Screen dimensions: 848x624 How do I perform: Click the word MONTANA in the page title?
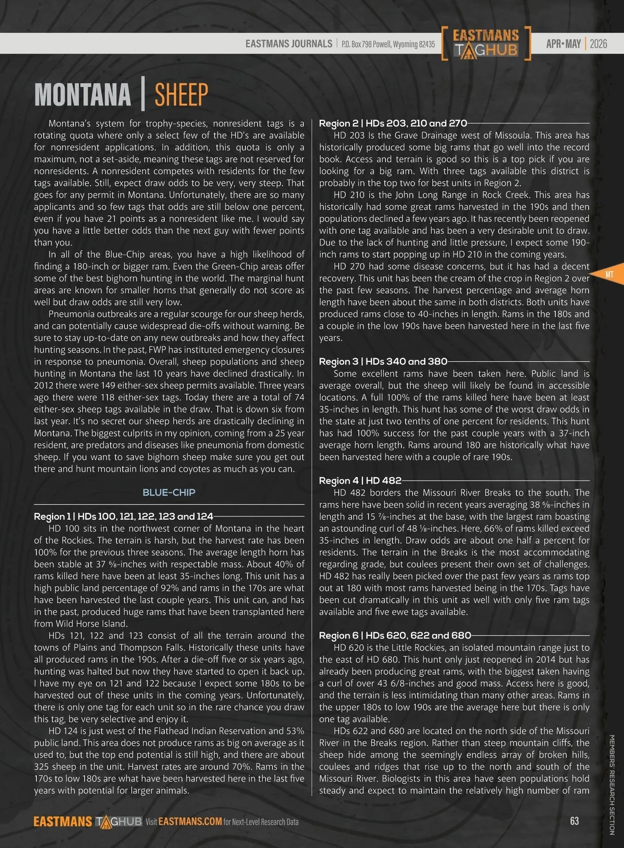click(82, 95)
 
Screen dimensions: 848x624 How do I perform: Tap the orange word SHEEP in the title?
click(181, 95)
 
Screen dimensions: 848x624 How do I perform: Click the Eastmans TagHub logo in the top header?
click(486, 43)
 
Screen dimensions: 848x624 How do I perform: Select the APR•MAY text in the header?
click(563, 44)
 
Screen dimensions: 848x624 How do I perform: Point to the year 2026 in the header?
click(599, 44)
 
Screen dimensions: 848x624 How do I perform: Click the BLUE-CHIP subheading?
click(169, 492)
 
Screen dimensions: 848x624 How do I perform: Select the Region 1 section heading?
click(123, 516)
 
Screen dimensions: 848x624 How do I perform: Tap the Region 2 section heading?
click(393, 123)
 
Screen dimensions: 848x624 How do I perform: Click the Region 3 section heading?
click(383, 361)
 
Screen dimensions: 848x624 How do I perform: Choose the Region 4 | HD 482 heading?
click(360, 480)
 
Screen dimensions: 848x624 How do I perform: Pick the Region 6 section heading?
click(395, 635)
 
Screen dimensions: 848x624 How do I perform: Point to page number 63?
click(574, 821)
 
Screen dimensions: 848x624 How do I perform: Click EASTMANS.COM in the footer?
click(190, 821)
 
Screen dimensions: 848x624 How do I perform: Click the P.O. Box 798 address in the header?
click(388, 44)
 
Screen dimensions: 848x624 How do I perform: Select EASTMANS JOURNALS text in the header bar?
click(289, 44)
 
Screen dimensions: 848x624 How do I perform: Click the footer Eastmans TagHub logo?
click(87, 821)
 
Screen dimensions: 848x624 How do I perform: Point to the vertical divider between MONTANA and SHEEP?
click(142, 95)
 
